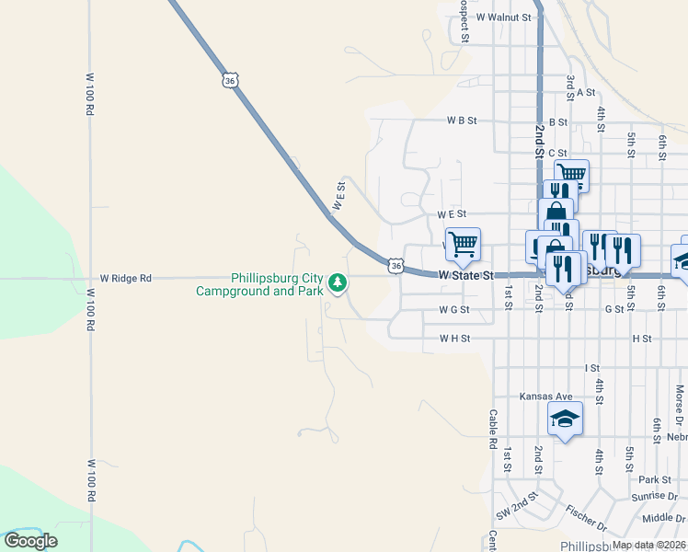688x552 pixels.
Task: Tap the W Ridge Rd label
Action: [x=125, y=277]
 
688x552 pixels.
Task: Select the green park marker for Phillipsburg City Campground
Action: [x=338, y=282]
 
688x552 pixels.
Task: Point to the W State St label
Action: [x=466, y=275]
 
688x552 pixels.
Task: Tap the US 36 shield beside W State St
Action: [x=396, y=266]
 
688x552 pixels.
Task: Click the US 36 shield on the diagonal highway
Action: [x=230, y=81]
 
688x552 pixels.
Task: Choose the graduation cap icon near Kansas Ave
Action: [x=565, y=420]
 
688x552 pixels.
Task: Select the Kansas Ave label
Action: [x=546, y=397]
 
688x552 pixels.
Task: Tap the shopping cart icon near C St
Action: [x=571, y=172]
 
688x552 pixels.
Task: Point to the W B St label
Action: [x=462, y=121]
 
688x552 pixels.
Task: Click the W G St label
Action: [x=454, y=310]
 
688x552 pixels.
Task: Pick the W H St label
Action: [x=454, y=339]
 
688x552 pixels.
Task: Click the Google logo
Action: [x=31, y=541]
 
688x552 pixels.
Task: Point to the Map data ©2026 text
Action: [x=648, y=545]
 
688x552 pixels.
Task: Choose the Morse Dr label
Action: [x=680, y=397]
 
